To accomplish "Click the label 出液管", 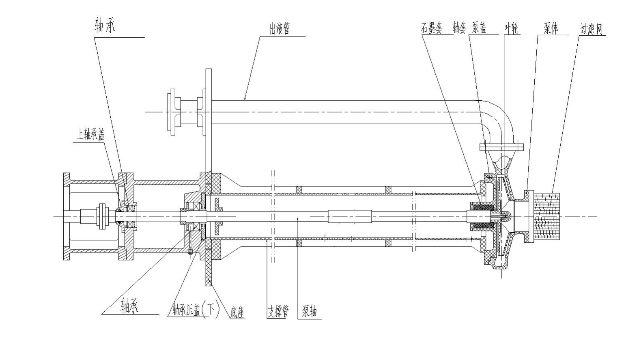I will pyautogui.click(x=280, y=29).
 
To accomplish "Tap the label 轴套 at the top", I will pyautogui.click(x=459, y=28).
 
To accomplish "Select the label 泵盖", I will pyautogui.click(x=479, y=28).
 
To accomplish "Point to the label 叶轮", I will pyautogui.click(x=512, y=29).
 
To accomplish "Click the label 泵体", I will pyautogui.click(x=551, y=29).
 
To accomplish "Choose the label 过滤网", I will pyautogui.click(x=592, y=29).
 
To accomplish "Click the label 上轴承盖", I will pyautogui.click(x=90, y=135).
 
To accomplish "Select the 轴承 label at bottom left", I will pyautogui.click(x=130, y=305).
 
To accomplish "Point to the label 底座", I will pyautogui.click(x=237, y=312).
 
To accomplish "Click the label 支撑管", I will pyautogui.click(x=278, y=312).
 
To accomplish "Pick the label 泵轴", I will pyautogui.click(x=310, y=312).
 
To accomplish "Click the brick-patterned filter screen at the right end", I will pyautogui.click(x=546, y=216).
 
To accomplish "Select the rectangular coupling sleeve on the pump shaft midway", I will pyautogui.click(x=350, y=216).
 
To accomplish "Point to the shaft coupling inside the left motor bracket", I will pyautogui.click(x=101, y=216).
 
